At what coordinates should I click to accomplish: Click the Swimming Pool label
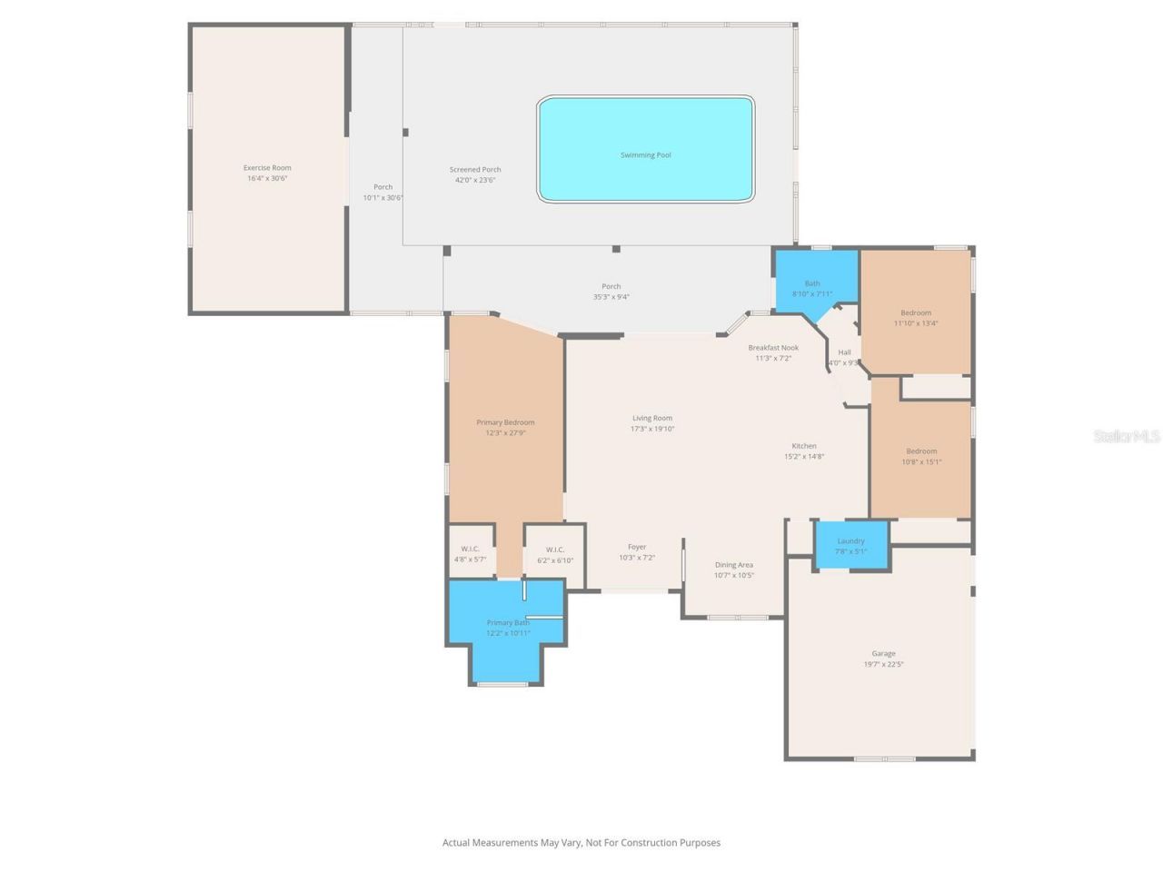[645, 155]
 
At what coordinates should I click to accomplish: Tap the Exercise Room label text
[267, 168]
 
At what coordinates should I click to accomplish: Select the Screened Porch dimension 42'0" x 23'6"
[475, 181]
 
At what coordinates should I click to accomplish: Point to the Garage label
[883, 654]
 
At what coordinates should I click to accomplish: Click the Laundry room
[850, 546]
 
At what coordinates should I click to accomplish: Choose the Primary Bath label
[507, 623]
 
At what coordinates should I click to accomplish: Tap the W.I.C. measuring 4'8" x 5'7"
[470, 554]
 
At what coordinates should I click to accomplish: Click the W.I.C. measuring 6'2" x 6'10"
[554, 555]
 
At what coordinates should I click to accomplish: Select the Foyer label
[637, 548]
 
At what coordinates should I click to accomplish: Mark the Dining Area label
[733, 565]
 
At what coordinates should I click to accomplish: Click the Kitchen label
[804, 446]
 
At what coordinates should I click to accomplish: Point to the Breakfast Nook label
[773, 348]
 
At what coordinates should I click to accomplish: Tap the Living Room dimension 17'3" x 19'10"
[652, 430]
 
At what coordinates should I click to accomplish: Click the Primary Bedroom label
[505, 422]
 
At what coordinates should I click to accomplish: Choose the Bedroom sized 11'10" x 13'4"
[916, 318]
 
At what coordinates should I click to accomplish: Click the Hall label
[845, 352]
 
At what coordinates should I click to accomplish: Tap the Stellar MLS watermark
[1126, 437]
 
